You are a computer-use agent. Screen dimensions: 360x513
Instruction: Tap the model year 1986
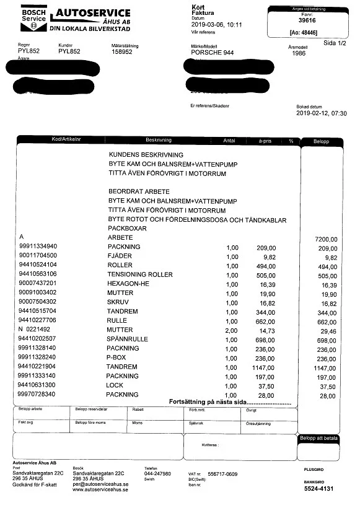click(x=298, y=54)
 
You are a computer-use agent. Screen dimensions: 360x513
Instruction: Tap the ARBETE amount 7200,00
click(x=327, y=239)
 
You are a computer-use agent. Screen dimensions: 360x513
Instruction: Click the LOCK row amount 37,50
click(x=328, y=386)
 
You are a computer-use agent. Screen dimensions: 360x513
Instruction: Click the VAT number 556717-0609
click(x=222, y=474)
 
